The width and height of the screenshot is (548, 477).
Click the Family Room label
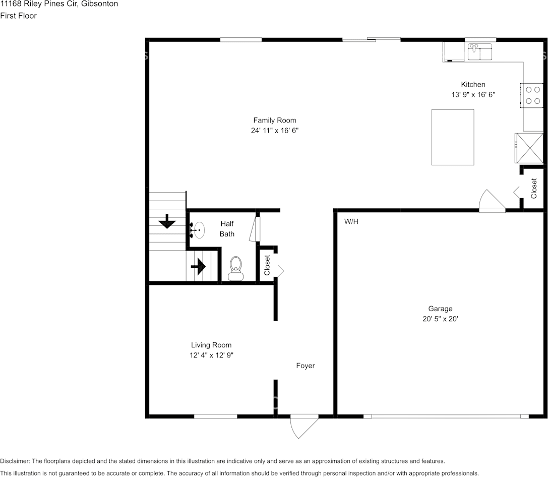click(274, 121)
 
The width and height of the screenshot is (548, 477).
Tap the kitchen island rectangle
click(453, 137)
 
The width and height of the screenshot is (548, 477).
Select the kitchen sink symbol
click(480, 52)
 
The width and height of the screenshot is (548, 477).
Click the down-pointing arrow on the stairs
click(166, 221)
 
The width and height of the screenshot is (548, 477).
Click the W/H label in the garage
click(351, 221)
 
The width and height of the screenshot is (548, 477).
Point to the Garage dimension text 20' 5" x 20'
click(440, 319)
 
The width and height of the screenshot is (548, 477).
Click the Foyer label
click(305, 366)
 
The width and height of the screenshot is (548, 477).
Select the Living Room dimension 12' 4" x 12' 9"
click(211, 355)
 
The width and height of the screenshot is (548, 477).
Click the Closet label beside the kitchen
click(534, 189)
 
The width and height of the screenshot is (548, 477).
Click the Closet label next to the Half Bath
click(267, 265)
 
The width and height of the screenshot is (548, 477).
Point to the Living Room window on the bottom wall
click(215, 416)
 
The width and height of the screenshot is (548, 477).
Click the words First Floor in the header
click(19, 16)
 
